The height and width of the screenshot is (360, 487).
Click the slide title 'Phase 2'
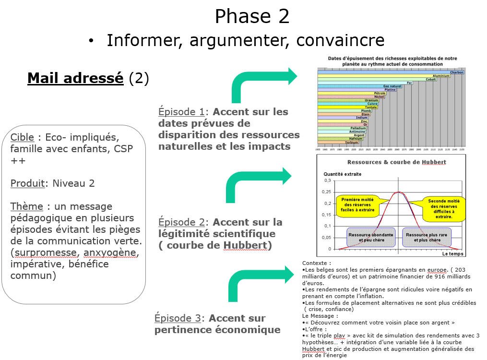pyautogui.click(x=252, y=16)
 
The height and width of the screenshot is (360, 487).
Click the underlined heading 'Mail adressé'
pyautogui.click(x=75, y=78)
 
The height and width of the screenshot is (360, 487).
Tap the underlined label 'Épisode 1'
pyautogui.click(x=181, y=112)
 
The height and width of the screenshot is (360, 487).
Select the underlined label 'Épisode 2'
pyautogui.click(x=181, y=222)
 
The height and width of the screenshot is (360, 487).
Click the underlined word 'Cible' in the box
pyautogui.click(x=22, y=137)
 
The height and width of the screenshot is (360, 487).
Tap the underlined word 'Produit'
pyautogui.click(x=28, y=183)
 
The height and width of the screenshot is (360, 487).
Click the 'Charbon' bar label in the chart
pyautogui.click(x=456, y=72)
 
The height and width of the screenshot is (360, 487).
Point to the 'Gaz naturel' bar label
pyautogui.click(x=392, y=86)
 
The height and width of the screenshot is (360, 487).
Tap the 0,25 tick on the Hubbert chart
pyautogui.click(x=326, y=192)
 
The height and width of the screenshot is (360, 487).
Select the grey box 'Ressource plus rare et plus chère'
pyautogui.click(x=423, y=237)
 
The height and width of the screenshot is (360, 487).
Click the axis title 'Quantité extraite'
pyautogui.click(x=342, y=174)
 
